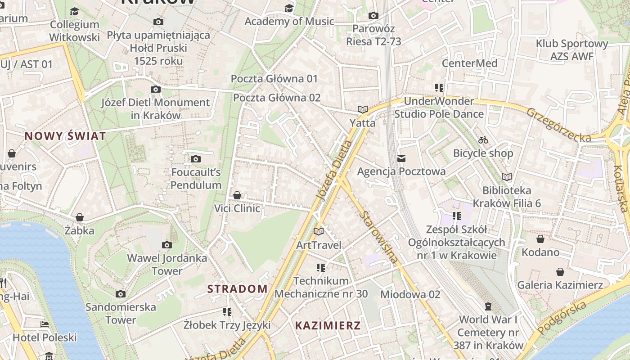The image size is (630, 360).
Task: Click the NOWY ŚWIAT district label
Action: [x=65, y=136]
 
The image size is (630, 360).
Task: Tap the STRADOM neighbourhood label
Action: [x=237, y=289]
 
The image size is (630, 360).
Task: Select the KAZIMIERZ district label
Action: [x=328, y=326]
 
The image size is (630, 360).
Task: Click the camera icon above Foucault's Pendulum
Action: [x=196, y=159]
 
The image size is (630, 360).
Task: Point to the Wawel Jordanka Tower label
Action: [x=167, y=265]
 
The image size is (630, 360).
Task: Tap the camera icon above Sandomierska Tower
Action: [x=121, y=294]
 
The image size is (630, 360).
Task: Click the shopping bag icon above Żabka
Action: [x=80, y=218]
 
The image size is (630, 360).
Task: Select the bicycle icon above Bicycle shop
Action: [x=483, y=140]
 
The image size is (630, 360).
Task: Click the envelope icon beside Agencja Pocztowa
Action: [x=401, y=158]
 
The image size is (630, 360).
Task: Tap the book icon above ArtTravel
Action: [x=319, y=232]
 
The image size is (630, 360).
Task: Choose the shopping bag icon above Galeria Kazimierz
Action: [x=560, y=272]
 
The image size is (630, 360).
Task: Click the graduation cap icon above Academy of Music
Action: [x=289, y=9]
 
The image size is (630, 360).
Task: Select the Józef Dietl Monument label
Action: [x=155, y=108]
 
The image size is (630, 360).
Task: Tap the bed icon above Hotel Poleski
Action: [x=44, y=324]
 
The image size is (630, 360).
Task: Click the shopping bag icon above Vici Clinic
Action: [x=237, y=195]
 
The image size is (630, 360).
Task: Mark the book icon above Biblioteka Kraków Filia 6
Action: [x=507, y=177]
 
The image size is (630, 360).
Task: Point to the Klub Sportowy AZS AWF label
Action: [x=571, y=50]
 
